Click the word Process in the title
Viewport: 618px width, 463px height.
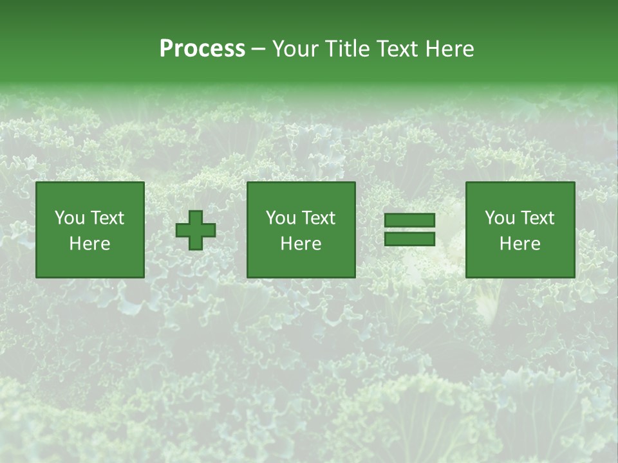coord(202,49)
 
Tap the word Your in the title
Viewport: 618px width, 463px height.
coord(293,49)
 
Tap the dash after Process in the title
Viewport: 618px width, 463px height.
coord(259,50)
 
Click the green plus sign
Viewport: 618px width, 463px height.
coord(196,230)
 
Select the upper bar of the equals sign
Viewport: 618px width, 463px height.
coord(409,221)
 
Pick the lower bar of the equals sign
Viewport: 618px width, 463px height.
coord(409,239)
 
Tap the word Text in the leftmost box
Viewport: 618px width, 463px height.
coord(107,218)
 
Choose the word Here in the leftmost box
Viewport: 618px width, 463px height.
coord(89,244)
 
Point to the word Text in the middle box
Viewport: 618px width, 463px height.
coord(318,218)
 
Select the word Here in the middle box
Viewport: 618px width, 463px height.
coord(301,244)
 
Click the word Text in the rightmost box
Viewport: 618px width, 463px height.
coord(537,218)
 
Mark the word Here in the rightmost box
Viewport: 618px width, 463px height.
coord(520,244)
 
